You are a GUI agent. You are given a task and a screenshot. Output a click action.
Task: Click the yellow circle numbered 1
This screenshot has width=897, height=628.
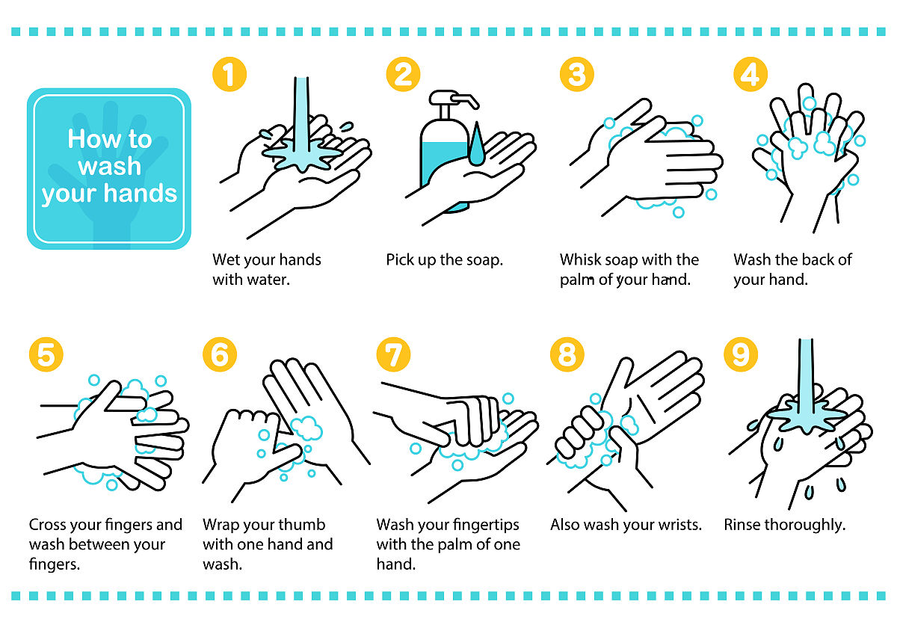[x=229, y=75]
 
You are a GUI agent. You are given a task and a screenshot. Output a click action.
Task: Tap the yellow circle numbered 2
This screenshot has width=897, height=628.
[x=403, y=75]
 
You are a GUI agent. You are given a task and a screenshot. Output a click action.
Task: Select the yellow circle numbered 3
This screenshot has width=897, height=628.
[x=577, y=75]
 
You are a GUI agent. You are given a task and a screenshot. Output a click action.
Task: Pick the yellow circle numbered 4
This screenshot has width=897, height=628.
[x=750, y=75]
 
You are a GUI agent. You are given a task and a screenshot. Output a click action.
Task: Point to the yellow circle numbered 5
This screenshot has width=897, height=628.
[x=46, y=355]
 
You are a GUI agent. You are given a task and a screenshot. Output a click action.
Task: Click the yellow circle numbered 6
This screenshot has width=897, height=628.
[x=220, y=355]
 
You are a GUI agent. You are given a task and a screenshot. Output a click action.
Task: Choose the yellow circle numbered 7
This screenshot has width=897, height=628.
[x=394, y=355]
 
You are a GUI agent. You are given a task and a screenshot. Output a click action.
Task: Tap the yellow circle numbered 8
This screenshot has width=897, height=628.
[x=567, y=355]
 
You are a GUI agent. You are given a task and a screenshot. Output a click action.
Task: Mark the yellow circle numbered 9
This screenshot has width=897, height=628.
[x=742, y=355]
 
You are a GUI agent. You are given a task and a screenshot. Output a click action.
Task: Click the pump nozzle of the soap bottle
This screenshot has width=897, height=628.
[x=464, y=99]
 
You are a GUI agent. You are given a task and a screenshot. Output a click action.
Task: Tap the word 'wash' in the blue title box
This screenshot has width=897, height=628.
[x=110, y=166]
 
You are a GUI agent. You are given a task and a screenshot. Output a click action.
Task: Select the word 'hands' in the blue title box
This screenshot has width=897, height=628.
[x=141, y=193]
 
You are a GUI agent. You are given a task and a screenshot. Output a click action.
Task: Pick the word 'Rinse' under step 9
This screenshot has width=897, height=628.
[x=742, y=525]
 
